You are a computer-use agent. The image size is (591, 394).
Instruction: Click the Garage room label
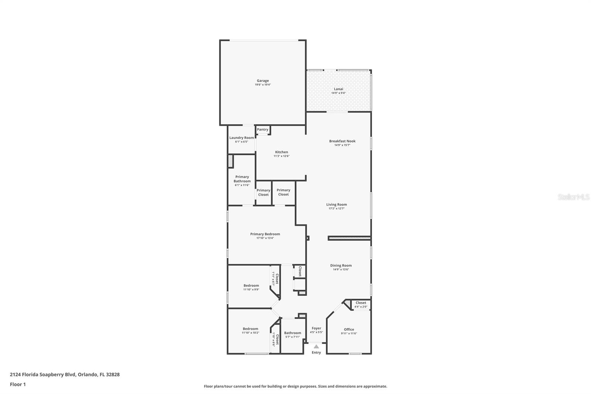(x=263, y=81)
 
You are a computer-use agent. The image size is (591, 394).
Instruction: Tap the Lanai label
(x=338, y=89)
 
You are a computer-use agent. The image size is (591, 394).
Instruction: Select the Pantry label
(x=263, y=129)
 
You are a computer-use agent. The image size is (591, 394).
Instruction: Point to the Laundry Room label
(x=242, y=137)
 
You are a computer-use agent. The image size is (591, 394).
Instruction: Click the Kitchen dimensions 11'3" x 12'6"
(x=281, y=156)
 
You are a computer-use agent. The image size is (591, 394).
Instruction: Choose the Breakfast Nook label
(x=342, y=141)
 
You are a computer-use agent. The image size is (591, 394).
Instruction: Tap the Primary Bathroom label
(x=242, y=179)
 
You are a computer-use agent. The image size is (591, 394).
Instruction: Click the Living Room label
(x=337, y=204)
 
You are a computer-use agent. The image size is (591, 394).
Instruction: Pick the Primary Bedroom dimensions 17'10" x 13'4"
(x=265, y=238)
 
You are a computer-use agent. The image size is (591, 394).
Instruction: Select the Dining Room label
(x=341, y=265)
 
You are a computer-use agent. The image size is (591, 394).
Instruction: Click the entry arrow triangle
(x=316, y=346)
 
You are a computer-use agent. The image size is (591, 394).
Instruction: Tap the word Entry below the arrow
(x=316, y=353)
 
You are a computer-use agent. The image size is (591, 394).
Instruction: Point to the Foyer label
(x=316, y=328)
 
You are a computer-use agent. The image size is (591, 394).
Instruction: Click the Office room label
(x=349, y=329)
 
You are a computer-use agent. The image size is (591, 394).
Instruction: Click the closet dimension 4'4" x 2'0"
(x=361, y=307)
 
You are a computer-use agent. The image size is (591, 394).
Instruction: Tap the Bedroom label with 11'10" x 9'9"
(x=251, y=285)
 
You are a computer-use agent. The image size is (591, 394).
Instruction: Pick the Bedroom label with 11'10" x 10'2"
(x=250, y=329)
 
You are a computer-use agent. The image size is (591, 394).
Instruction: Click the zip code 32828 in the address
(x=113, y=374)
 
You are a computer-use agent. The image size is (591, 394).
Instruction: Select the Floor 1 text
(x=18, y=384)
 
